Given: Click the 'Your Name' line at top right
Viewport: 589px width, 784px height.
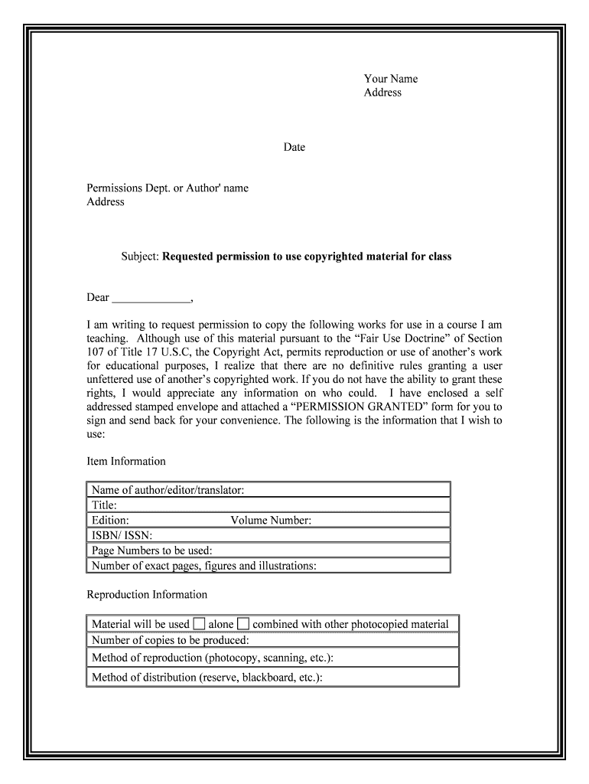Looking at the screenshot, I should tap(390, 79).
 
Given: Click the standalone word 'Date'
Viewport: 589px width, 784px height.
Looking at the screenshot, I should tap(294, 147).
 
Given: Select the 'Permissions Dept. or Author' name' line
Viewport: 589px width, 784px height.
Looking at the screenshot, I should tap(168, 188).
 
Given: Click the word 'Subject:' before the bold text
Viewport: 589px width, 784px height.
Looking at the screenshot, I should tap(140, 256).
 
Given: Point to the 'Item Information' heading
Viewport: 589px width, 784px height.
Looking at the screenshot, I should tap(126, 462).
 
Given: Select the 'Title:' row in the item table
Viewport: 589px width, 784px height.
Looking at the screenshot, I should tap(268, 505).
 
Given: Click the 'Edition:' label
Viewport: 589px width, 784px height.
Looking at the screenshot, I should tap(110, 521).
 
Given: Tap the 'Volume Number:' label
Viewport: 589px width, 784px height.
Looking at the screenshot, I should tap(271, 521).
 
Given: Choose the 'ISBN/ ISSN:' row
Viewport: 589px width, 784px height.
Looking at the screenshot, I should tap(268, 536).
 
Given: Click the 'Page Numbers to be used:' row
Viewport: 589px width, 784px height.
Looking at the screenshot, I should tap(268, 550).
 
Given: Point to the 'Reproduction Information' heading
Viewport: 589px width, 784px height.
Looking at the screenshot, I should tap(147, 595).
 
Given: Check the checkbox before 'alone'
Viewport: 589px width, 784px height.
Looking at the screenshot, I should tap(199, 623).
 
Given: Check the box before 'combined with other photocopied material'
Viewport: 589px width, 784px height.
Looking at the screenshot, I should tap(243, 623).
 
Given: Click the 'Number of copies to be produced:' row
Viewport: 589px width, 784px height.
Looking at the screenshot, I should tap(272, 640).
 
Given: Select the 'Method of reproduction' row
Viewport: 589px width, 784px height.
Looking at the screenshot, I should tap(272, 658).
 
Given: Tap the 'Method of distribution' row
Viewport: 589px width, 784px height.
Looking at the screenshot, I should tap(272, 677).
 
